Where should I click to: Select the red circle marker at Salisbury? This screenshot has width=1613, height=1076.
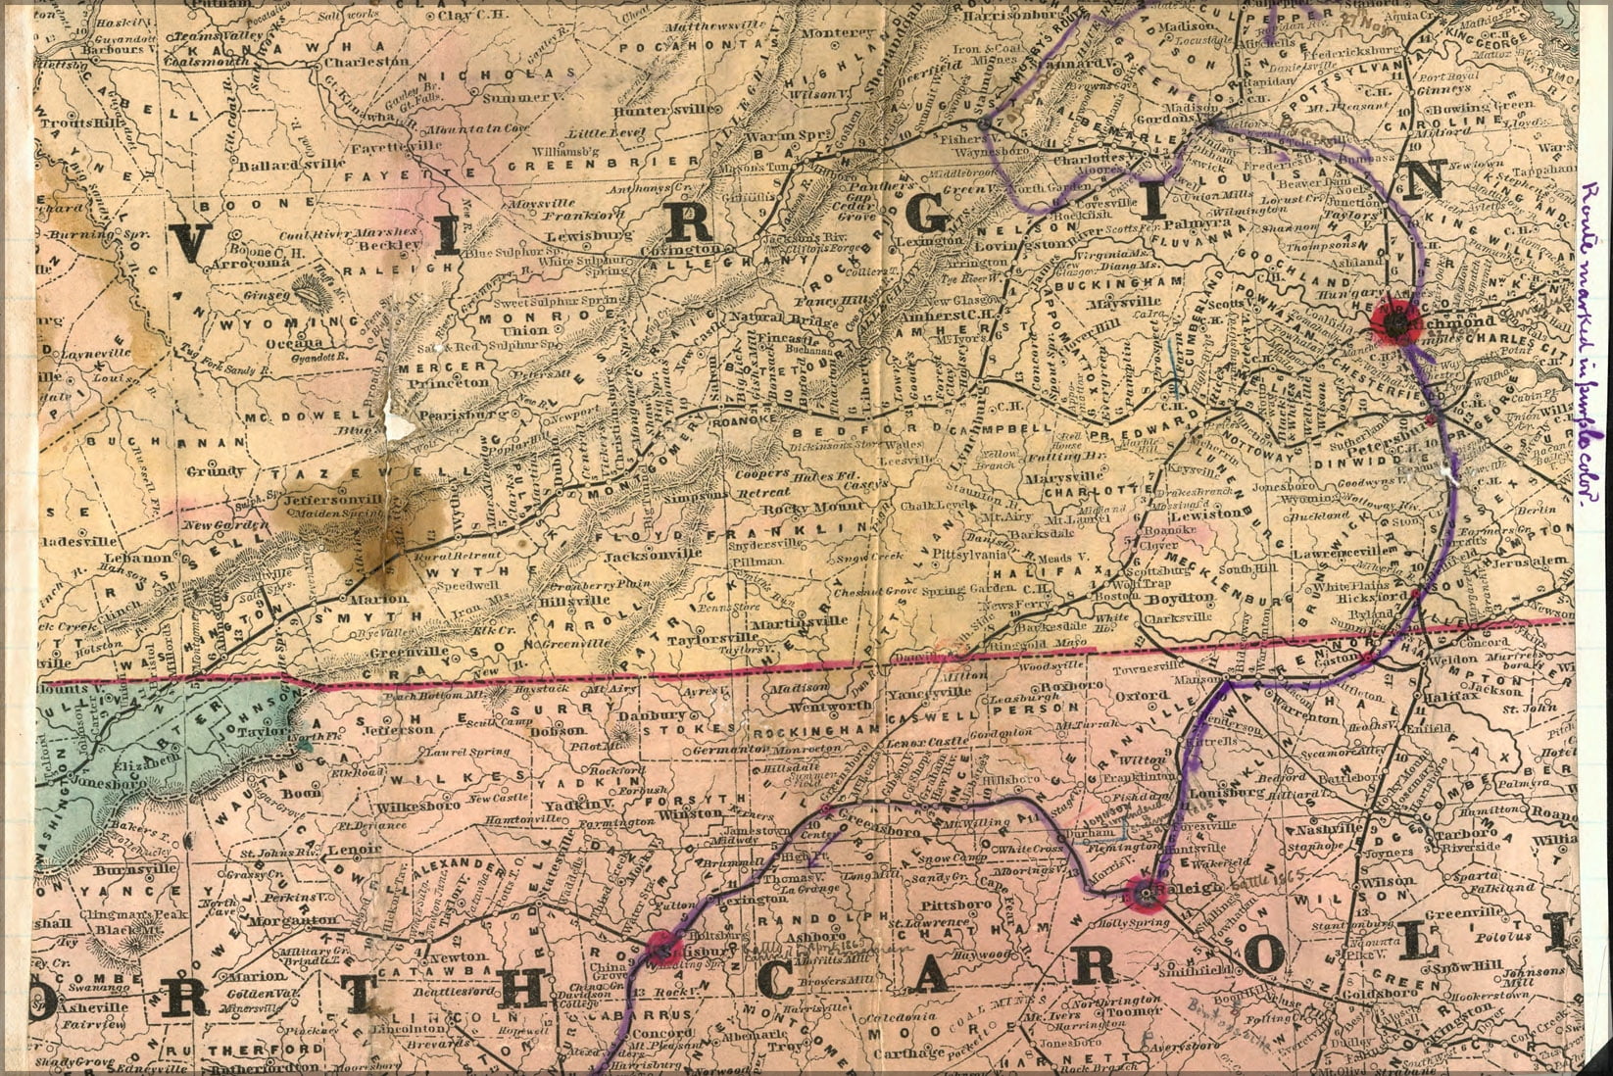coord(664,948)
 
